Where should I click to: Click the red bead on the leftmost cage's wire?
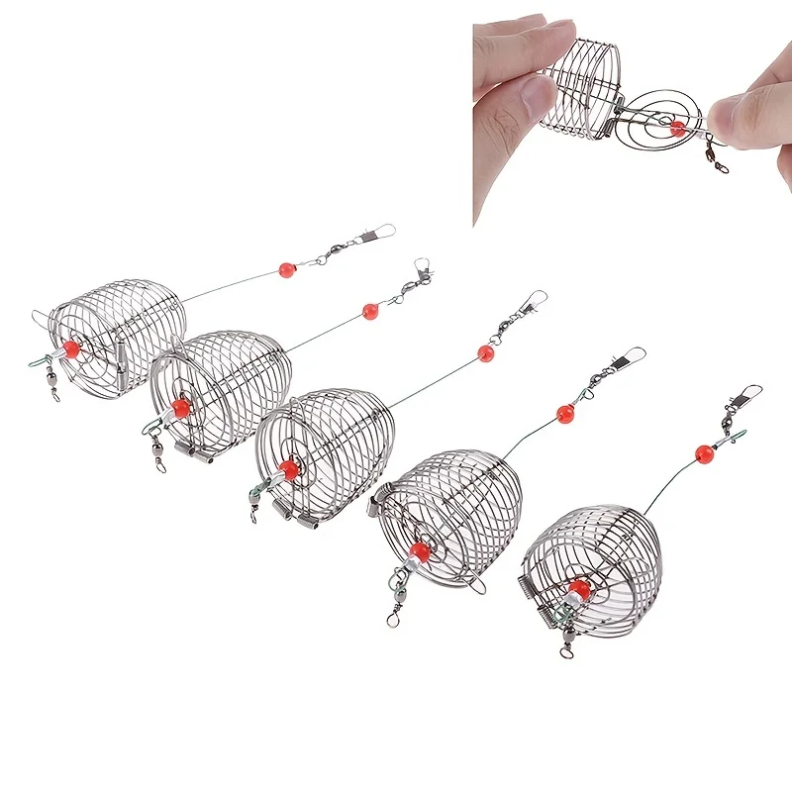click(287, 269)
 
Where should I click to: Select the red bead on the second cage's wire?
click(370, 311)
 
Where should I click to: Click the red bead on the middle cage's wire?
click(485, 352)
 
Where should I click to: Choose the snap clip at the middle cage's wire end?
click(534, 299)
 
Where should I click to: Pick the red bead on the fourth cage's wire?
click(564, 413)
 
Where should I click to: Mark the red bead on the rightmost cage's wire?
click(704, 453)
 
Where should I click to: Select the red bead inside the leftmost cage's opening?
click(70, 348)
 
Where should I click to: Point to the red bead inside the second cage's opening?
click(180, 408)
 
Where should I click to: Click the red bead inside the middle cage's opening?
click(288, 468)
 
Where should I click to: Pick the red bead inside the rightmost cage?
click(579, 591)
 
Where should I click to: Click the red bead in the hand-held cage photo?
click(677, 128)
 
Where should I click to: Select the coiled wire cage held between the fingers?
click(583, 84)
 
